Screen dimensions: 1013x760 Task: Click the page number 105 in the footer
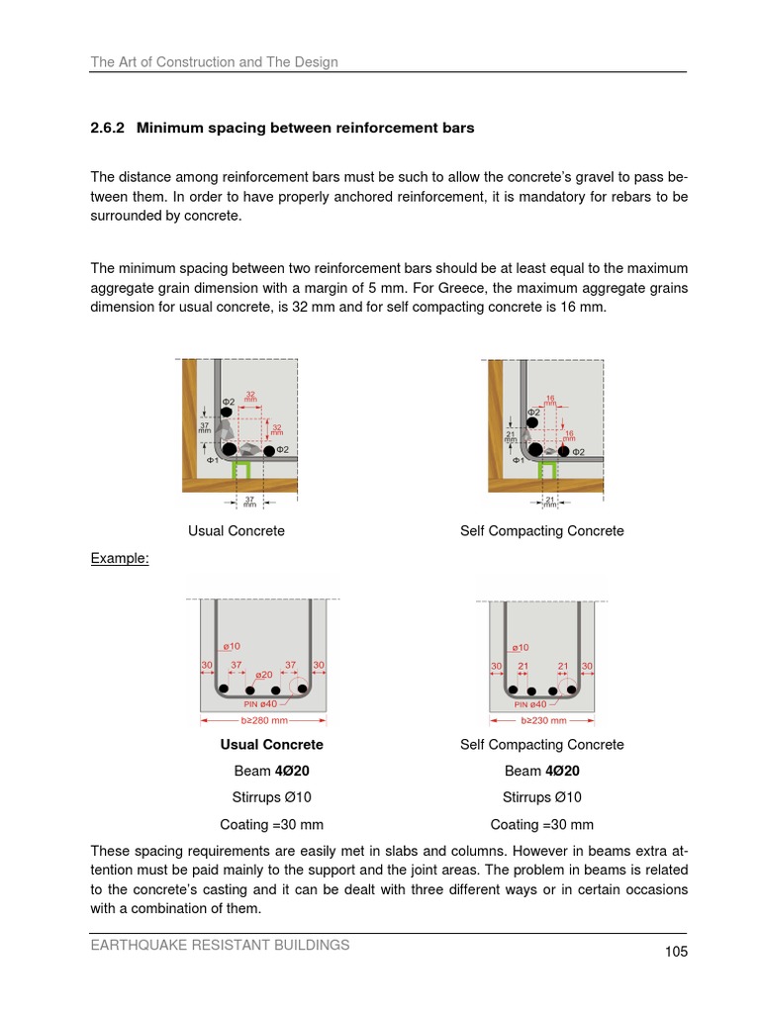click(x=676, y=952)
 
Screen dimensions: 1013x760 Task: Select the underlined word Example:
click(x=120, y=558)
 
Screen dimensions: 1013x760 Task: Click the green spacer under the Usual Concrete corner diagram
click(x=239, y=472)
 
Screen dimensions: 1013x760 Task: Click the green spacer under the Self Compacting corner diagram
click(x=546, y=472)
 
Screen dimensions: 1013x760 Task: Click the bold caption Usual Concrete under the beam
click(x=271, y=744)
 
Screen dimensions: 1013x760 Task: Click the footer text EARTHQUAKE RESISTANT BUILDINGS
click(x=220, y=945)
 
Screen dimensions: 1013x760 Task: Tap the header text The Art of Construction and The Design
click(x=214, y=61)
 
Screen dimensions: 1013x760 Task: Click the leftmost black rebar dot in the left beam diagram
click(x=225, y=689)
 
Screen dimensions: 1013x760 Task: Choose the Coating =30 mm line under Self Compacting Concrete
click(x=541, y=824)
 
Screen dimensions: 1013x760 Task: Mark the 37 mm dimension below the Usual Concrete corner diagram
click(x=249, y=502)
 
